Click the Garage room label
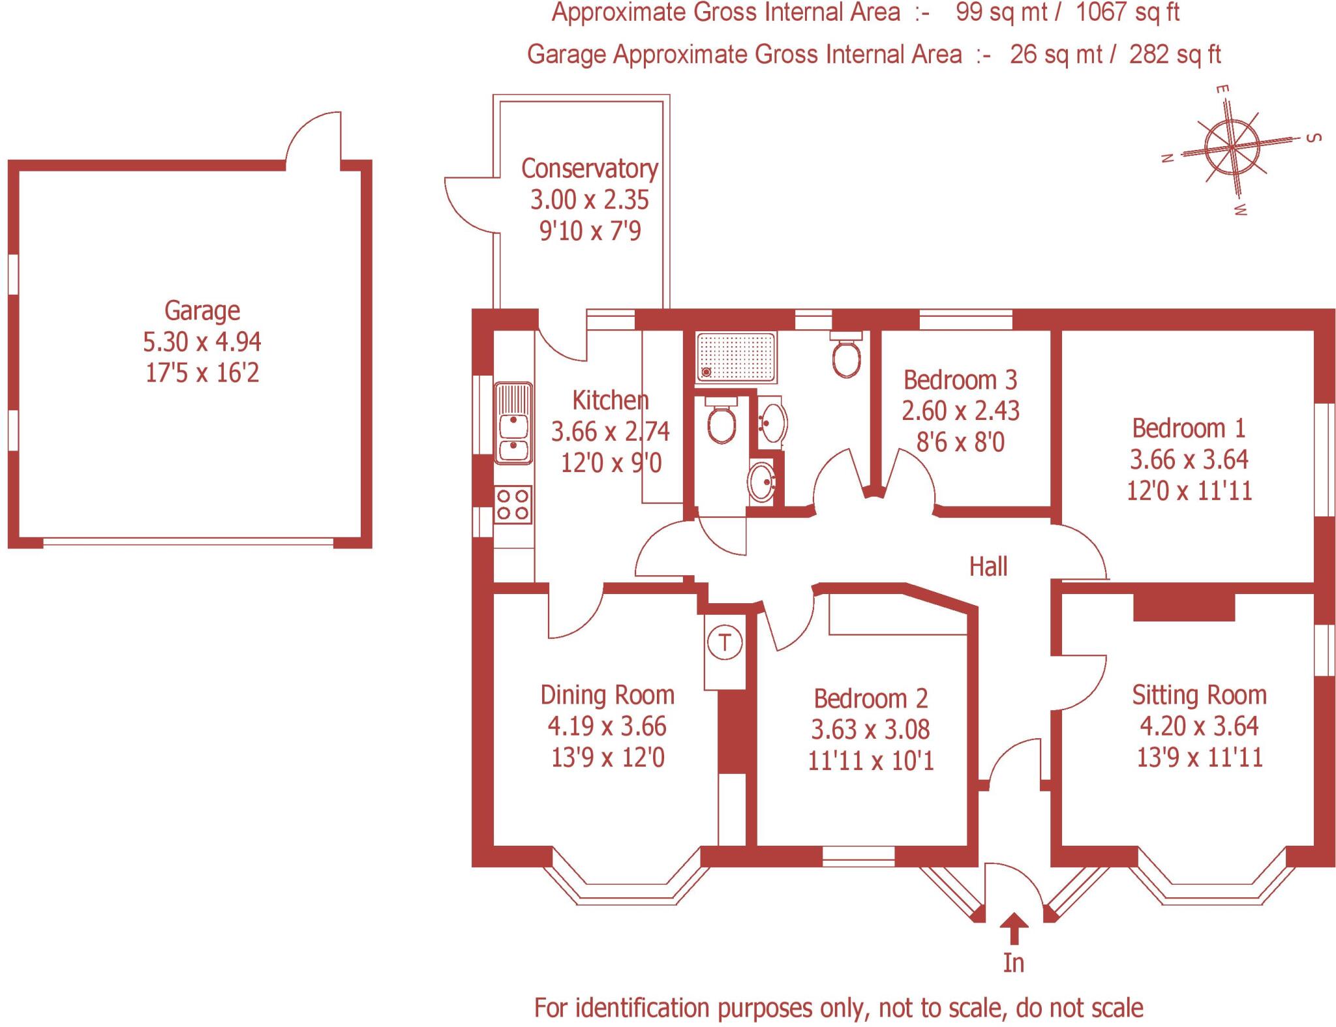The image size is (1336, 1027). (x=202, y=310)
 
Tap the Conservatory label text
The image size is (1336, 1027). (x=589, y=169)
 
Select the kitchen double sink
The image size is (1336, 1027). (x=514, y=423)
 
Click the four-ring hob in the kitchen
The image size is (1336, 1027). (x=513, y=504)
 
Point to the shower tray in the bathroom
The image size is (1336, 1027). (x=735, y=357)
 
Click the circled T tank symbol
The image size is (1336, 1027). (x=725, y=642)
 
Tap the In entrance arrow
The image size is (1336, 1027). (x=1013, y=929)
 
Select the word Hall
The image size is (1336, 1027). (x=988, y=567)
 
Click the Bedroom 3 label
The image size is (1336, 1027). (x=960, y=380)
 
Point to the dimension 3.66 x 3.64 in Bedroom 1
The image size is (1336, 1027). (x=1189, y=460)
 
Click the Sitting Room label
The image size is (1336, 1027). (x=1199, y=695)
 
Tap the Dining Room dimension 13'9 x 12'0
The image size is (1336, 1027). (x=607, y=758)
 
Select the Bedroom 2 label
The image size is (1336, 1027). (x=870, y=699)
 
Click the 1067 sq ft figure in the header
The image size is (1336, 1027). (x=1127, y=12)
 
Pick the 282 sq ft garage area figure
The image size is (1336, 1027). (x=1175, y=55)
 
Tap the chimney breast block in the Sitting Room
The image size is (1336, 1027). (x=1183, y=607)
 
